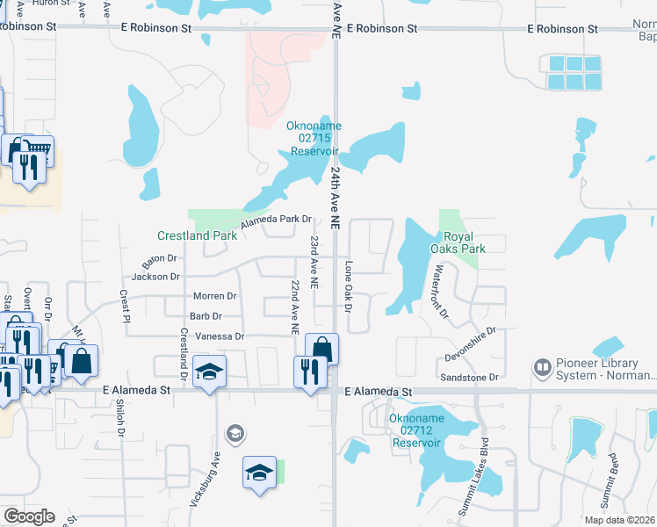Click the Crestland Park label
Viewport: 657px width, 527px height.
(197, 235)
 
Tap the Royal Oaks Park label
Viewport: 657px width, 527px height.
(464, 242)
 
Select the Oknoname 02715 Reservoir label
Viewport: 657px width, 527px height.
(314, 139)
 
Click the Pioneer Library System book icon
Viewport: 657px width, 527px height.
(543, 365)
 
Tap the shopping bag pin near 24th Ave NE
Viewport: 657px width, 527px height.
(322, 349)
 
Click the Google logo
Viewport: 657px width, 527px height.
(29, 516)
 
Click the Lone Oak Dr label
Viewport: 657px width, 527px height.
(348, 287)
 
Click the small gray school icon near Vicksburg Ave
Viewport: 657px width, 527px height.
(234, 432)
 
